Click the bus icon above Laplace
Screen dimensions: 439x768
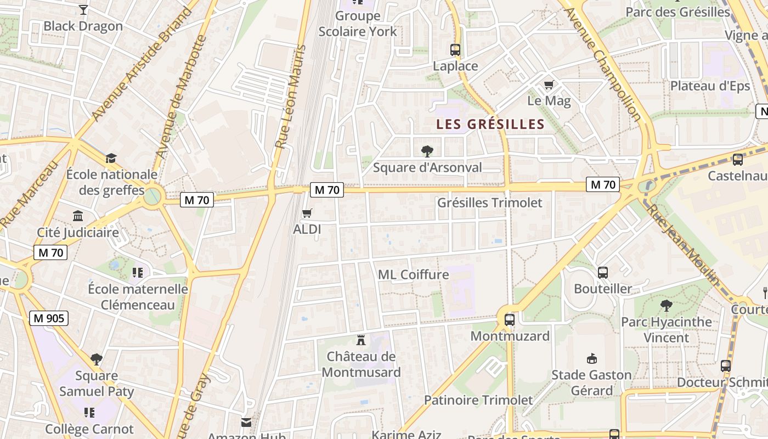point(455,50)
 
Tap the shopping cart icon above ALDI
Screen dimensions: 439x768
point(307,213)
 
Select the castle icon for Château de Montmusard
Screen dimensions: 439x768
point(361,340)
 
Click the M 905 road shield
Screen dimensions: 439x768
point(49,318)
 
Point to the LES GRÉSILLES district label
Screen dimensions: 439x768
point(490,125)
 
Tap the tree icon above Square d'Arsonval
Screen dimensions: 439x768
point(427,151)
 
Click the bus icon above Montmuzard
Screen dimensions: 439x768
point(510,319)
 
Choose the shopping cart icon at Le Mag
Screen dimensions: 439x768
point(549,85)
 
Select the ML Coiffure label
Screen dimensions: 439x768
point(414,274)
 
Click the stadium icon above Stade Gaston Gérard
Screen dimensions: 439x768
point(591,359)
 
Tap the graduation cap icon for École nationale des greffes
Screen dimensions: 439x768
point(111,158)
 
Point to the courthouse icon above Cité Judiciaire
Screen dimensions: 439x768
point(78,216)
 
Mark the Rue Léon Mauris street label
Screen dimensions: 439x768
point(289,97)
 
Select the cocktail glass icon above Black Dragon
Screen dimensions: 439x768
point(83,10)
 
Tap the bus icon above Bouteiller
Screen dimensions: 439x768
point(602,272)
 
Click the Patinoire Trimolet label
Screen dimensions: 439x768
point(478,400)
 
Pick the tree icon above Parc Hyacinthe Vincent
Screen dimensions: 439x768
point(667,305)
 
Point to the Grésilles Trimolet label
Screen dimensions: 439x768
point(489,202)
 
